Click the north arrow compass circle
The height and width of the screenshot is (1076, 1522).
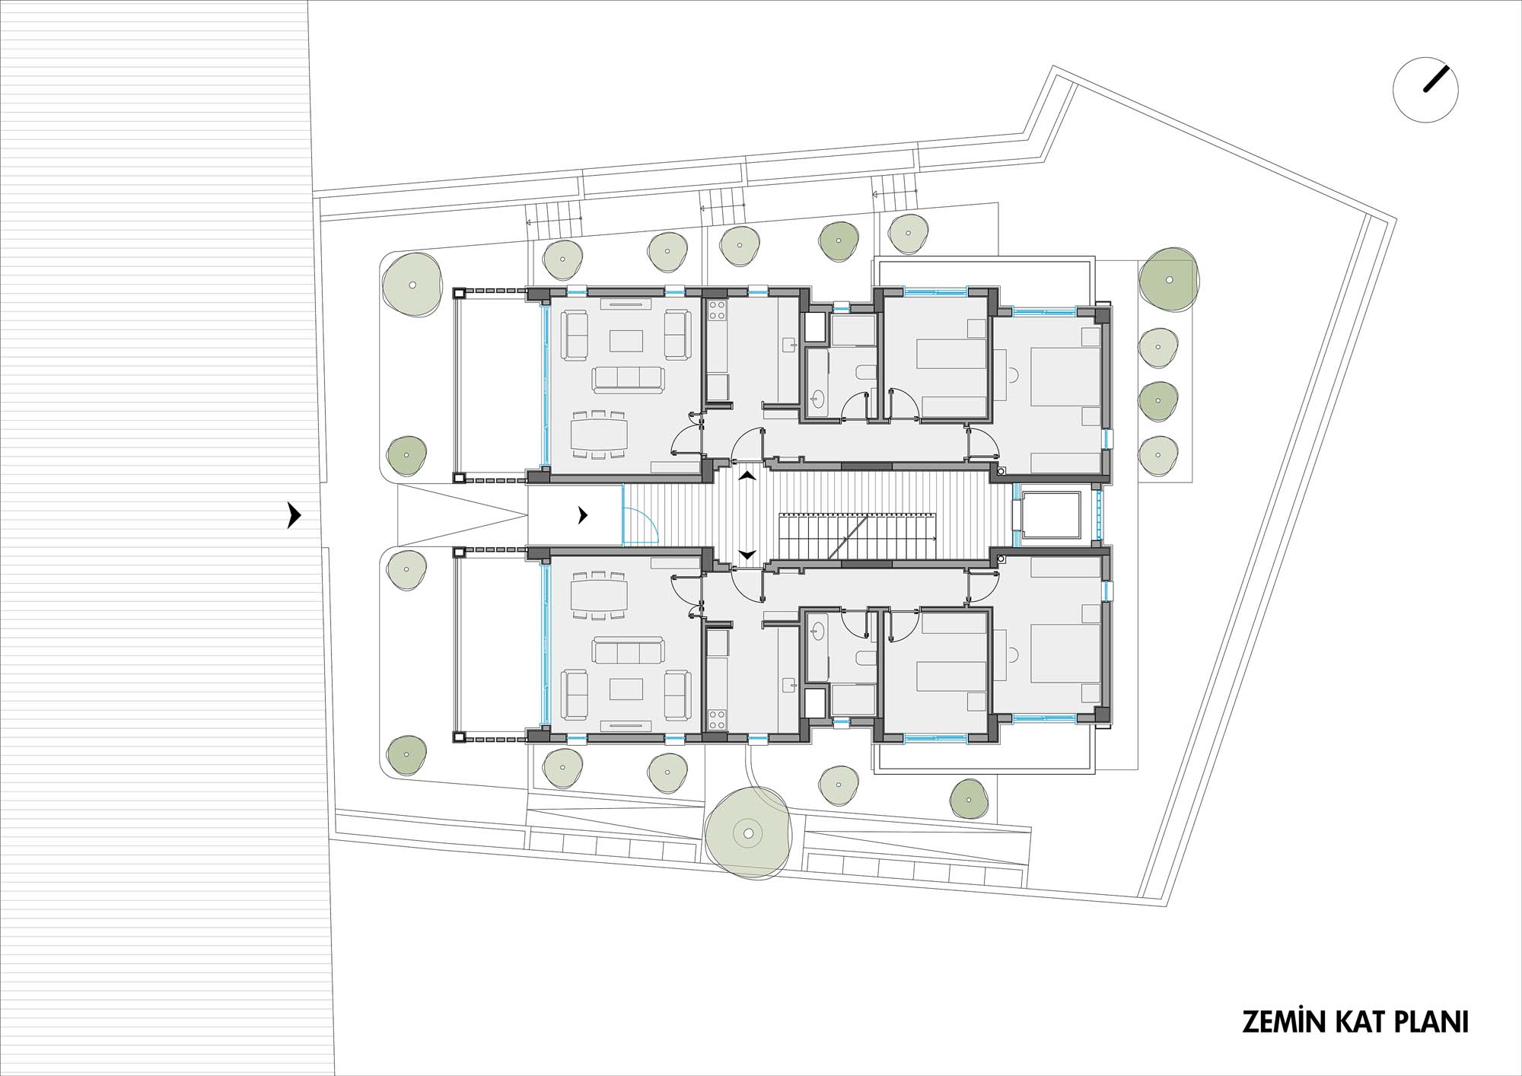pyautogui.click(x=1425, y=90)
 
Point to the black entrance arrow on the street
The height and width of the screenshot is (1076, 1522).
pyautogui.click(x=295, y=515)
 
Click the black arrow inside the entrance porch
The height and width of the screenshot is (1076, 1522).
pyautogui.click(x=583, y=515)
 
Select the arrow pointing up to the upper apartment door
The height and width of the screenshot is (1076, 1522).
pyautogui.click(x=748, y=476)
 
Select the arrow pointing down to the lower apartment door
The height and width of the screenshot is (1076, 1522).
pyautogui.click(x=748, y=555)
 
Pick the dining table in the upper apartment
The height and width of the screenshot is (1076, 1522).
pyautogui.click(x=600, y=434)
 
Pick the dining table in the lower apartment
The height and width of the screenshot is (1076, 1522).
pyautogui.click(x=600, y=596)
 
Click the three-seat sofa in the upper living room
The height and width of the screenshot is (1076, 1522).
pyautogui.click(x=629, y=380)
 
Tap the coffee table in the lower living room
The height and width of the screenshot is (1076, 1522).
pyautogui.click(x=626, y=689)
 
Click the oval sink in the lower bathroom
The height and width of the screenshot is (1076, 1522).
pyautogui.click(x=819, y=630)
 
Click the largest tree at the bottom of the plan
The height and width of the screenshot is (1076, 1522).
pyautogui.click(x=748, y=833)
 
